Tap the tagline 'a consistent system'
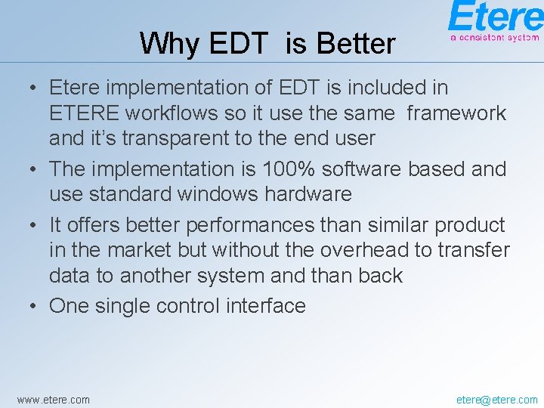(x=495, y=36)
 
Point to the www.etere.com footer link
(x=53, y=399)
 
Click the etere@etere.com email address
(x=497, y=399)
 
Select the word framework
(x=456, y=113)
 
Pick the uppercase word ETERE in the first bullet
(x=84, y=113)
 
